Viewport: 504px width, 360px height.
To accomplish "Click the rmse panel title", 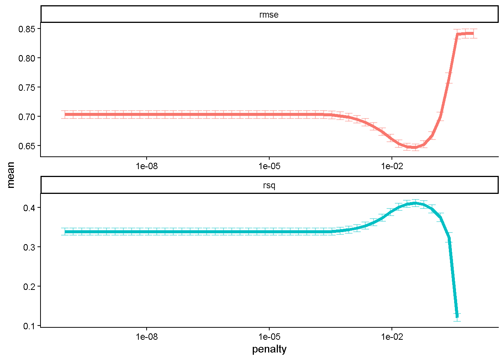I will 269,15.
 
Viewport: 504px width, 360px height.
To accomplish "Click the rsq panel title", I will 269,186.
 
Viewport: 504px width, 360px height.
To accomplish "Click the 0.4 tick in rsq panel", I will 29,208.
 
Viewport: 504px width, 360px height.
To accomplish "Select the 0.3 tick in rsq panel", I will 29,247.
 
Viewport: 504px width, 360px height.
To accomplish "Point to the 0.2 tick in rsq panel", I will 29,286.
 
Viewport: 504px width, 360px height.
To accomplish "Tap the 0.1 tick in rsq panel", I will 29,326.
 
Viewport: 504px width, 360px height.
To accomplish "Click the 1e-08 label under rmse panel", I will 147,166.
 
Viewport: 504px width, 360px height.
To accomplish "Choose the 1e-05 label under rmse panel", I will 269,166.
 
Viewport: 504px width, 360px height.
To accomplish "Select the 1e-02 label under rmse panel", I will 392,166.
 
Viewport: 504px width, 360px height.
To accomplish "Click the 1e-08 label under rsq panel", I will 147,337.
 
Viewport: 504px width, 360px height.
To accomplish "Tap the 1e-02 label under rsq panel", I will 392,337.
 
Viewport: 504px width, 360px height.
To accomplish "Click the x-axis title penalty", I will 269,349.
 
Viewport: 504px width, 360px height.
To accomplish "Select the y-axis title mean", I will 10,175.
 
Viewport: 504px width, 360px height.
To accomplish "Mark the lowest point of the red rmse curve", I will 414,148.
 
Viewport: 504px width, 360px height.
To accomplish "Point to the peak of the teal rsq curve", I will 415,203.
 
